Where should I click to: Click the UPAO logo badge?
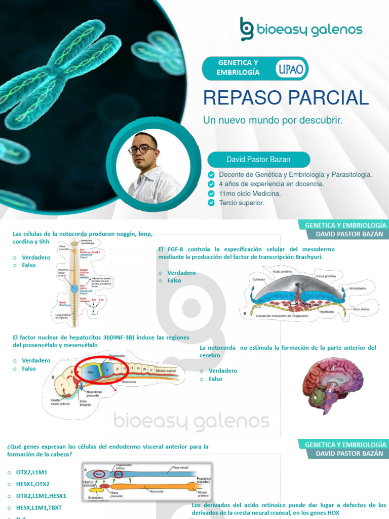[291, 69]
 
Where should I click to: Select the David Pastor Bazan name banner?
[258, 160]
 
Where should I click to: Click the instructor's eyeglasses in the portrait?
[142, 150]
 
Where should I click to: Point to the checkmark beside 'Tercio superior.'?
[211, 203]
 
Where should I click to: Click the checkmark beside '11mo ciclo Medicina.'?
[211, 194]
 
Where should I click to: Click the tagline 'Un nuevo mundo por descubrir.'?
[273, 121]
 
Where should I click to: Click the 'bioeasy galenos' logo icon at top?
[247, 29]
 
